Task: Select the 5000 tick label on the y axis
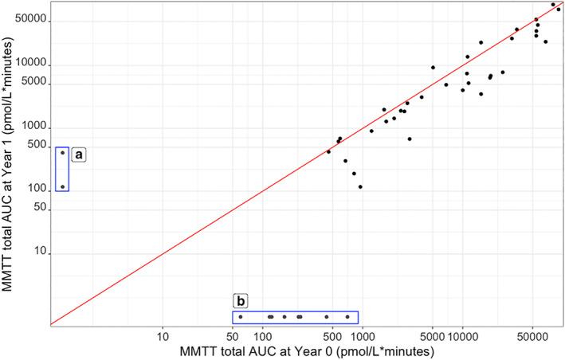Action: click(33, 83)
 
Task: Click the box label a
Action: click(79, 155)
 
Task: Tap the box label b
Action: click(241, 302)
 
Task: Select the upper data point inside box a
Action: click(62, 152)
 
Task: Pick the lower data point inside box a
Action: click(62, 187)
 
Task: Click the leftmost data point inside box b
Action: click(240, 317)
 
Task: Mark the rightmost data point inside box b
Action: click(347, 317)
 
